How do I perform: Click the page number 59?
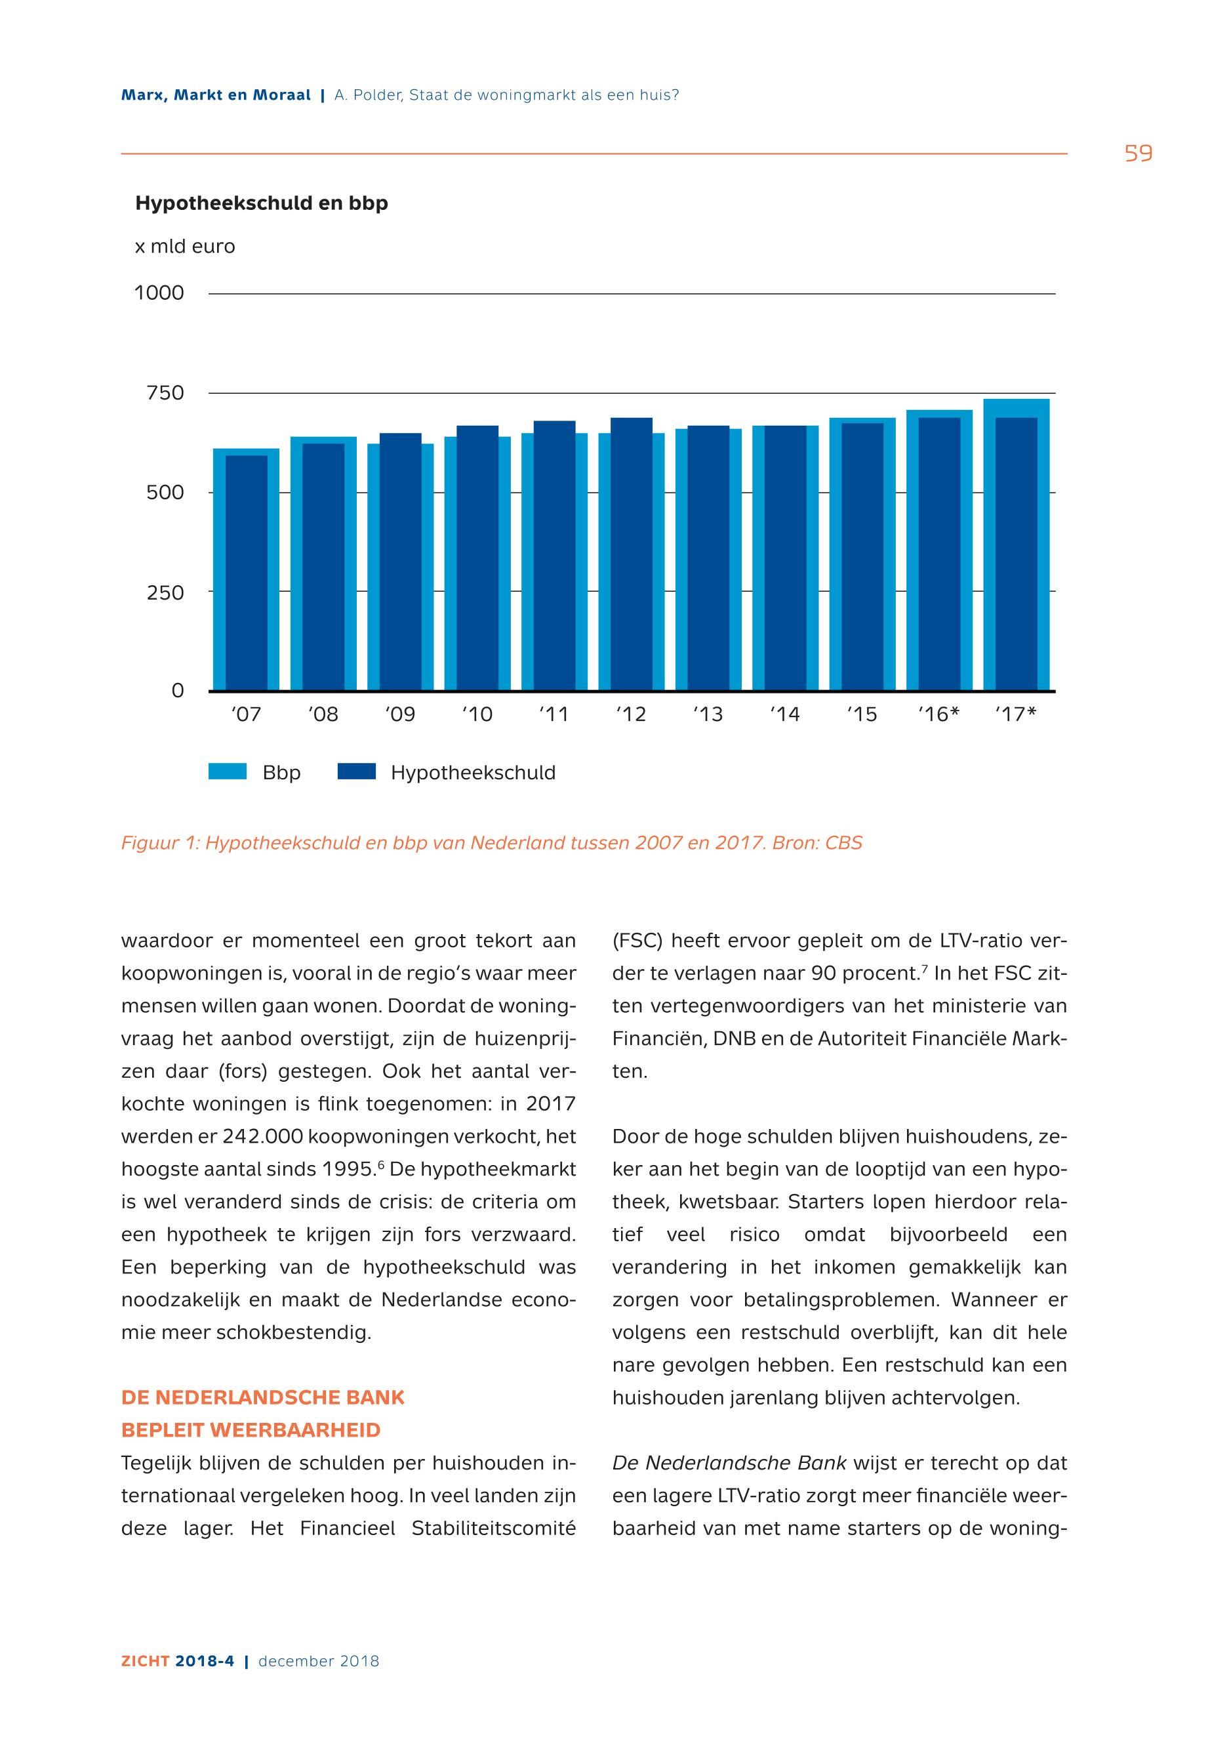click(1138, 154)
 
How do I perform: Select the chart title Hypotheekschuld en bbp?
click(262, 203)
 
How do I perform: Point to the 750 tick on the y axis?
click(165, 393)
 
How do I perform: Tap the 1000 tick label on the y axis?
click(159, 293)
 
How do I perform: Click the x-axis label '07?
click(246, 714)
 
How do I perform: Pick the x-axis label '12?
click(631, 714)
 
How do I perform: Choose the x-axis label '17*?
click(1016, 714)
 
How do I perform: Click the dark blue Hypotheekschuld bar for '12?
click(631, 554)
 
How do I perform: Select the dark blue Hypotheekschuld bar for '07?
click(246, 573)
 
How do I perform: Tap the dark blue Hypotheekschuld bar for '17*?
click(1016, 554)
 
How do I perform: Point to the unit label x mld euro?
click(185, 247)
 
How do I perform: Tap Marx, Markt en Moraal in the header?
click(216, 96)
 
